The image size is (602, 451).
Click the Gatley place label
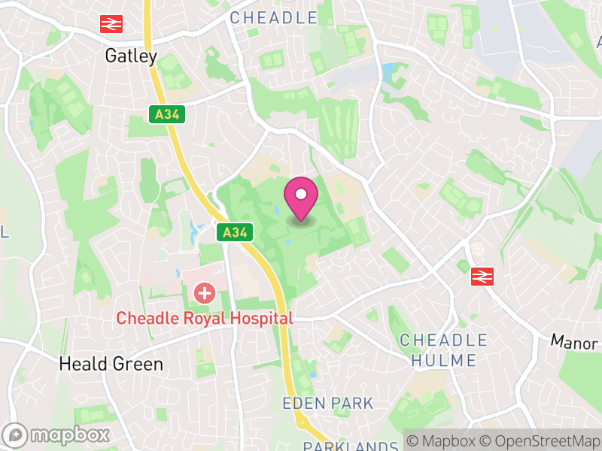[x=131, y=56]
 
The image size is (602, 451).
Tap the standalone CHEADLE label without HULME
[x=273, y=17]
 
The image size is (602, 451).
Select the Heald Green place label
[x=111, y=365]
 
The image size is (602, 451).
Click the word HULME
[x=444, y=361]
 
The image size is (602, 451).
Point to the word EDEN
[x=303, y=404]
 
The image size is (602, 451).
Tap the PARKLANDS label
[x=351, y=446]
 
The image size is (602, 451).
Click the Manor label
[x=575, y=341]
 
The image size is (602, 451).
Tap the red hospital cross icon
[x=203, y=292]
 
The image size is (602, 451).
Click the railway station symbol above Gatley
[x=111, y=25]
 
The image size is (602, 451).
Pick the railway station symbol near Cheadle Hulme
[x=482, y=277]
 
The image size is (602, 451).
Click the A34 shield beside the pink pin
[x=233, y=233]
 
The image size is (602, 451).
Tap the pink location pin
[x=301, y=200]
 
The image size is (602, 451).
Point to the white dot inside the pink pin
[x=301, y=195]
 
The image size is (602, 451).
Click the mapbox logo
[x=57, y=434]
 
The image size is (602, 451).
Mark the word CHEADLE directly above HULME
[x=444, y=341]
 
